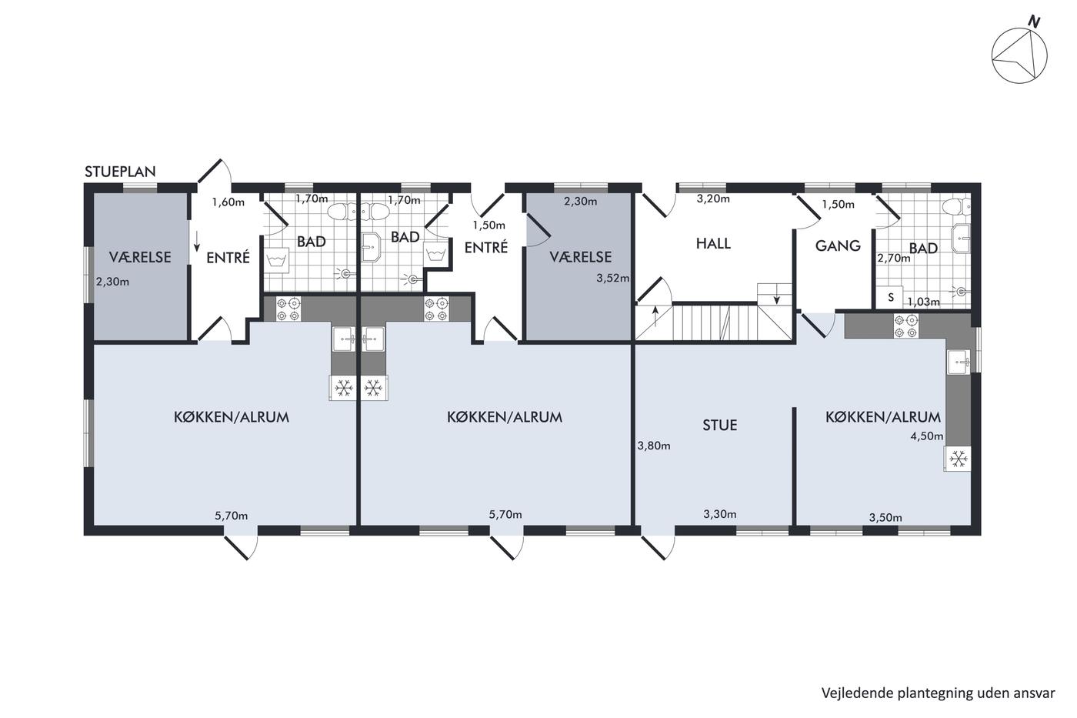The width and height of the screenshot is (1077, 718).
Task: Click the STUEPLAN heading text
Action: (120, 172)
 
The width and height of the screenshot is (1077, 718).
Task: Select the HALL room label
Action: (714, 243)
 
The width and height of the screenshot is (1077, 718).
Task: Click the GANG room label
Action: (838, 245)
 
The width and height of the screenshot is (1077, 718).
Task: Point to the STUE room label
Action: (720, 425)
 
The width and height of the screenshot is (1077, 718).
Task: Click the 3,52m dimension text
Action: (613, 278)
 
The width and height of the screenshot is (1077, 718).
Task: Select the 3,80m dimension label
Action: (654, 446)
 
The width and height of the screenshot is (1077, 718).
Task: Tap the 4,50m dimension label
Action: (927, 436)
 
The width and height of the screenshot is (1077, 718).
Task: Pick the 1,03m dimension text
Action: (924, 302)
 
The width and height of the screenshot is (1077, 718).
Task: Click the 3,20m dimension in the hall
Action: (714, 199)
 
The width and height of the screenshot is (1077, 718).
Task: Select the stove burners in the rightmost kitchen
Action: (906, 326)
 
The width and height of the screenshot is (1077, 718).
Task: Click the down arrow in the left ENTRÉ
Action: (197, 242)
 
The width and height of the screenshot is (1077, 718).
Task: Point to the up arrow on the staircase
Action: (655, 316)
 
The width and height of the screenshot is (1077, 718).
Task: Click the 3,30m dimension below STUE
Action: (720, 514)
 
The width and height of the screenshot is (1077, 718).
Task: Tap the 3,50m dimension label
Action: (885, 517)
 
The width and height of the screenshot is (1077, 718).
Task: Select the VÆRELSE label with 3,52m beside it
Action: (581, 257)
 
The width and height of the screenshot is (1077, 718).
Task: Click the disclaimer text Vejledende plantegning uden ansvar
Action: (939, 693)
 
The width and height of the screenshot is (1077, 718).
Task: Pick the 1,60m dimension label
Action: (228, 202)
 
